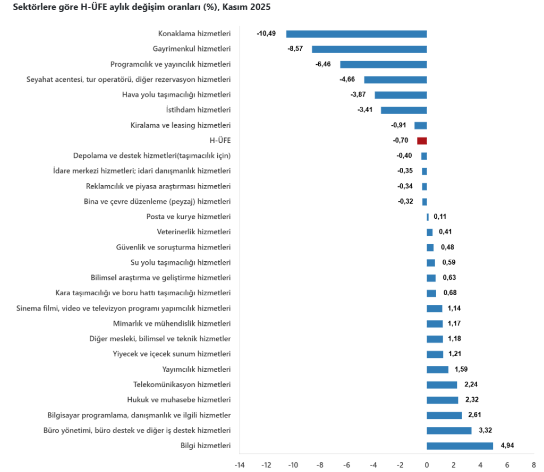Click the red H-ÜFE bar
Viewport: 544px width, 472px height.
(x=422, y=141)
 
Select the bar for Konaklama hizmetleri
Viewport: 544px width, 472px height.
(x=356, y=34)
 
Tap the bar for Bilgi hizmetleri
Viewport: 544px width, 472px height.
(x=460, y=446)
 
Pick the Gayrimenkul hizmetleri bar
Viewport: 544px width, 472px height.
(x=369, y=49)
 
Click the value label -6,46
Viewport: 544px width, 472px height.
(x=323, y=64)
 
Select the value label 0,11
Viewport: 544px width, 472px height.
(x=440, y=217)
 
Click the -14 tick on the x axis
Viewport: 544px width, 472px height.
(x=240, y=465)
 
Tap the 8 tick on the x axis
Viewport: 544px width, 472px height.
(x=533, y=465)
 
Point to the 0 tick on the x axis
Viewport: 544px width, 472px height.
(x=427, y=465)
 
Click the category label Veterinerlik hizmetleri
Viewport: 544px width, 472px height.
(x=194, y=232)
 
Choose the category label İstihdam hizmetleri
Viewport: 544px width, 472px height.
(x=198, y=110)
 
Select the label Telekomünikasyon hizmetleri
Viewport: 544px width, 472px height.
(x=182, y=384)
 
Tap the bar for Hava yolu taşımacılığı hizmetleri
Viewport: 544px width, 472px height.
(x=401, y=95)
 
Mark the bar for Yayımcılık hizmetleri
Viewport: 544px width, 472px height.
(x=437, y=370)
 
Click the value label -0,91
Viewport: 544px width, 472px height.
(x=399, y=125)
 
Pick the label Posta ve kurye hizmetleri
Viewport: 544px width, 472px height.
(x=189, y=217)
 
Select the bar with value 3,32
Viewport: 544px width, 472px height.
(x=449, y=431)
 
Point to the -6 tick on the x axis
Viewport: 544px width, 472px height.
(x=346, y=465)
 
